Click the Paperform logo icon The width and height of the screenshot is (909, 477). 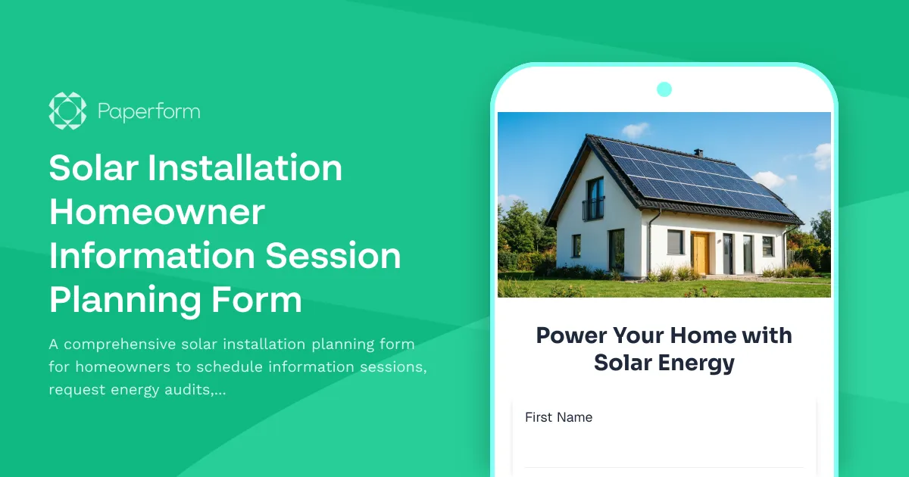tap(67, 111)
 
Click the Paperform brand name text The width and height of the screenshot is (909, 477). tap(148, 111)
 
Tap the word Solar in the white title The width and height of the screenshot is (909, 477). tap(92, 168)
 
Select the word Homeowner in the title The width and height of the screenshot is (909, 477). tap(157, 212)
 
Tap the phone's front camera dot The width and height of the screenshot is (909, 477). tap(664, 89)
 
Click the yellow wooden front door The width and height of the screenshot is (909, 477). tap(699, 253)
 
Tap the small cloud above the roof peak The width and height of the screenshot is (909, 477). tap(635, 129)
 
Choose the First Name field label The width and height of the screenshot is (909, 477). tap(558, 417)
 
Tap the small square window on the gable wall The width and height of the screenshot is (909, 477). tap(576, 245)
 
